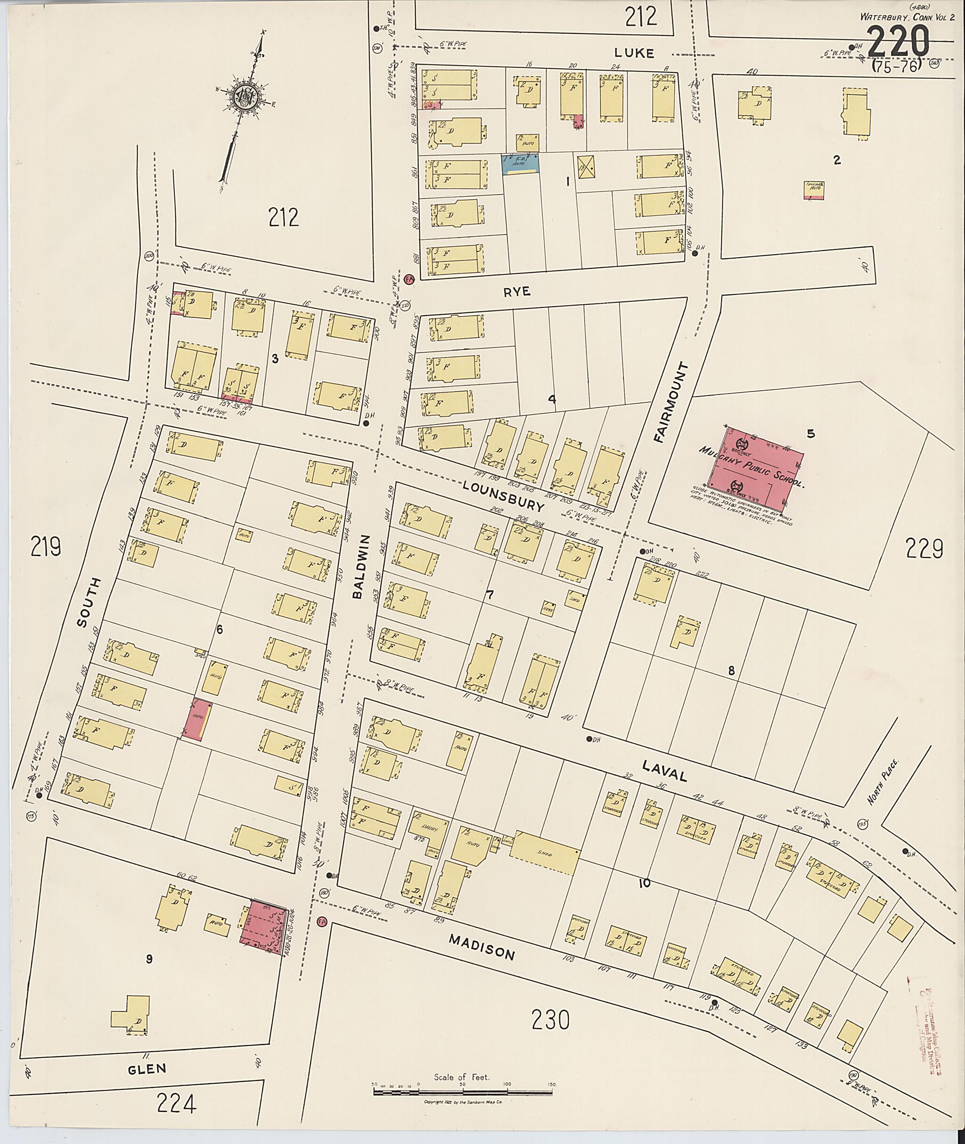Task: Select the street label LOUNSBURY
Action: point(503,495)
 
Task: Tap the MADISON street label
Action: point(482,947)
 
